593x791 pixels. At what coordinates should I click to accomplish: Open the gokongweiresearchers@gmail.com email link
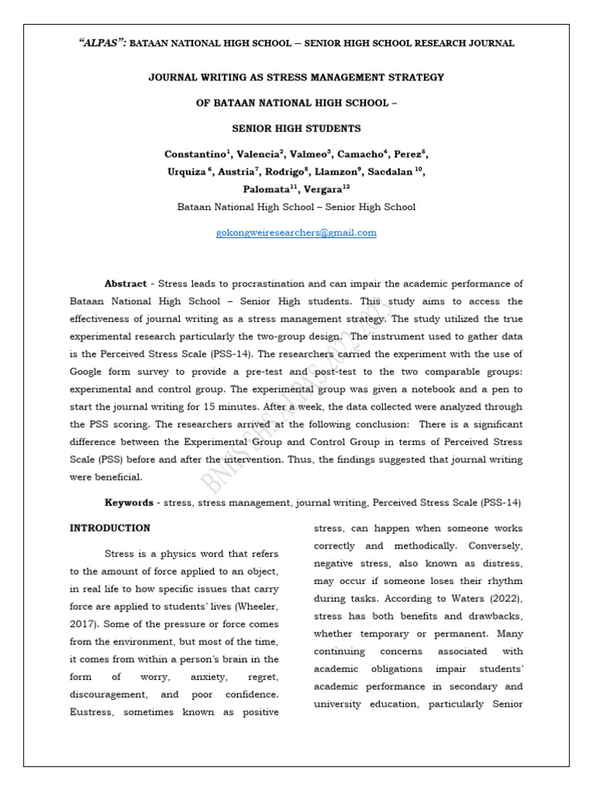[x=296, y=233]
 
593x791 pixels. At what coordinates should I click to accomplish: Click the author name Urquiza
[x=185, y=171]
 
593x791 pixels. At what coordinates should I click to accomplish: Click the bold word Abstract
[x=125, y=283]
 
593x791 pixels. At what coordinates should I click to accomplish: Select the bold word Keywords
[x=129, y=503]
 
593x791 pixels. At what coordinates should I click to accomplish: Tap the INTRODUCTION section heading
[x=110, y=528]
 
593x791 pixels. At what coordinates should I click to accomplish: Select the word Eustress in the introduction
[x=93, y=712]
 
